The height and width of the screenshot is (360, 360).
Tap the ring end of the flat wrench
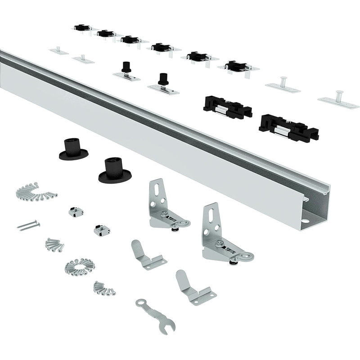(x=140, y=303)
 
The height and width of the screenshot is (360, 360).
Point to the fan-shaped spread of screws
(x=36, y=192)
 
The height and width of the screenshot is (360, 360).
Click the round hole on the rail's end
(x=306, y=221)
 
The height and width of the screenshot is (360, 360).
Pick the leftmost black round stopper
(x=73, y=149)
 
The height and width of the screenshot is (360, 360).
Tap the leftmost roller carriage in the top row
(x=82, y=28)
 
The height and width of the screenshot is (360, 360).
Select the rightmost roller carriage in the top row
(x=238, y=66)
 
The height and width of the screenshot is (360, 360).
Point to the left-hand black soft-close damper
(x=227, y=107)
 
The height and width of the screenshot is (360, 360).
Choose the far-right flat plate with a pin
(x=338, y=100)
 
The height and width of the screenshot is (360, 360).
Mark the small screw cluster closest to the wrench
(x=104, y=288)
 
